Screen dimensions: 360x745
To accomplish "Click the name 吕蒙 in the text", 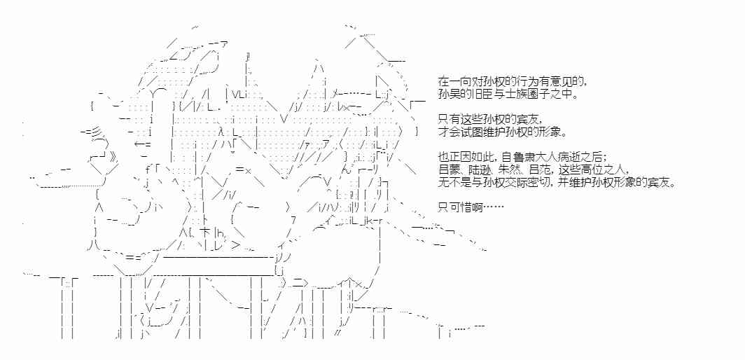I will (447, 171).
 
